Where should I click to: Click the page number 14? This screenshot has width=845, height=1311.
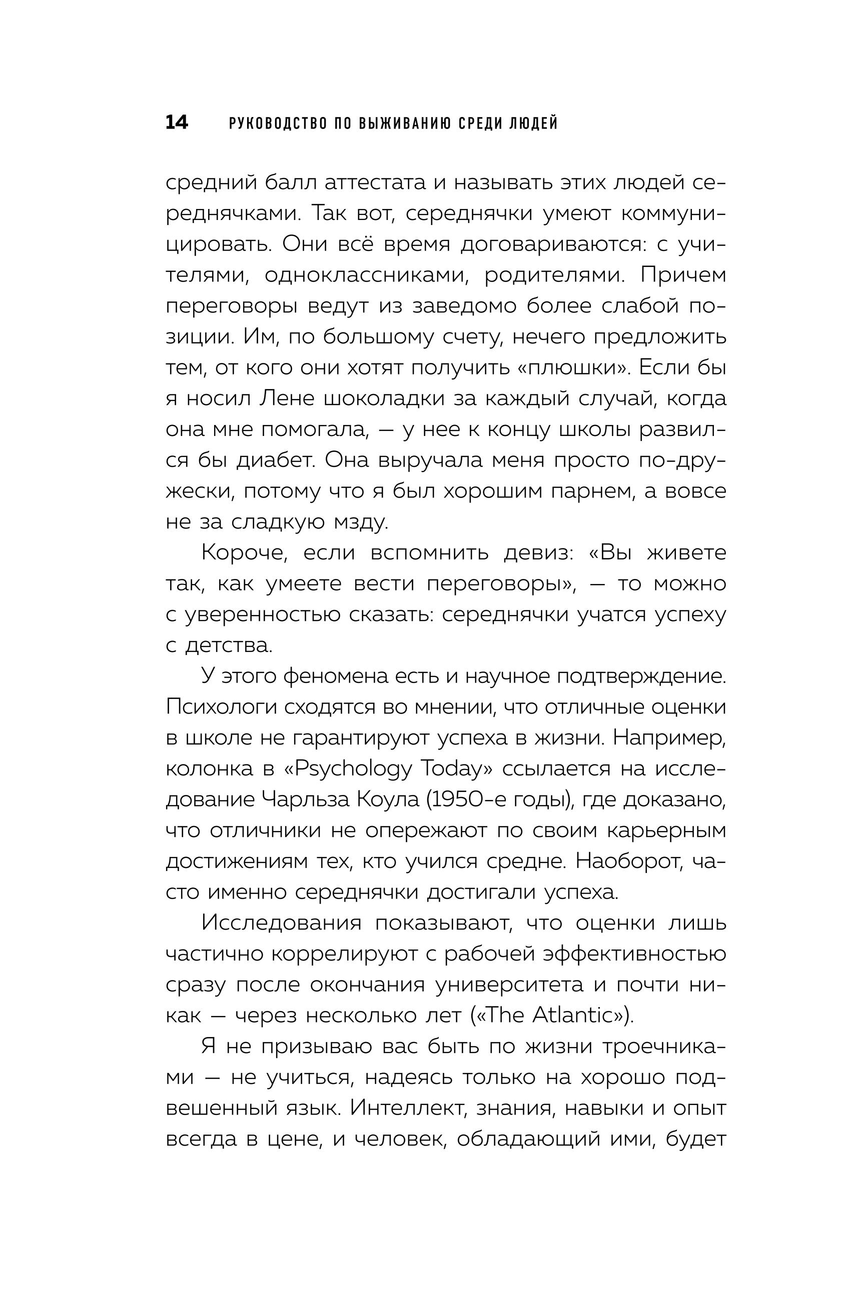(177, 123)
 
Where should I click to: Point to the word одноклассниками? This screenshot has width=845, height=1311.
(367, 274)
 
